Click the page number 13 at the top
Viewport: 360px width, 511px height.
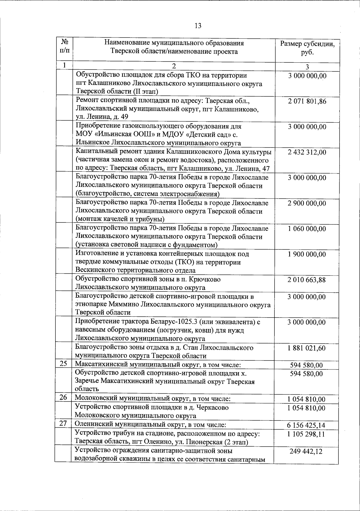coord(198,26)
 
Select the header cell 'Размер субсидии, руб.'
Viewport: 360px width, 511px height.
coord(307,48)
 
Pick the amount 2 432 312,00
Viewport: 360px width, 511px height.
coord(307,152)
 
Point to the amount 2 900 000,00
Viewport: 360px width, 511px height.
coord(307,203)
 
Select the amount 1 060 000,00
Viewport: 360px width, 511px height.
coord(307,229)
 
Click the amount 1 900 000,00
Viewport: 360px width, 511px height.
coord(307,254)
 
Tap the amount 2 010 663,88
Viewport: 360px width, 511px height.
coord(307,280)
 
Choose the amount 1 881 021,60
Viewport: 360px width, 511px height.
coord(307,348)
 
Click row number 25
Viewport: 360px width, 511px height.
coord(63,364)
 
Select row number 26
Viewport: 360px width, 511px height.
coord(63,398)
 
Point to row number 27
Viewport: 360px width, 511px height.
coord(63,423)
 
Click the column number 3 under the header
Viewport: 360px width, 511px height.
coord(307,67)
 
